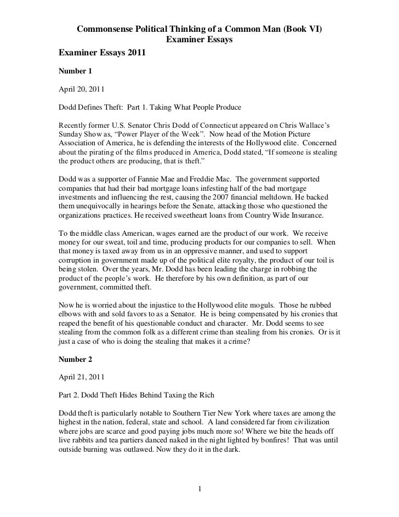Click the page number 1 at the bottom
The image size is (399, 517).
coord(200,489)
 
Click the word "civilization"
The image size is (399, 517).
coord(311,414)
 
